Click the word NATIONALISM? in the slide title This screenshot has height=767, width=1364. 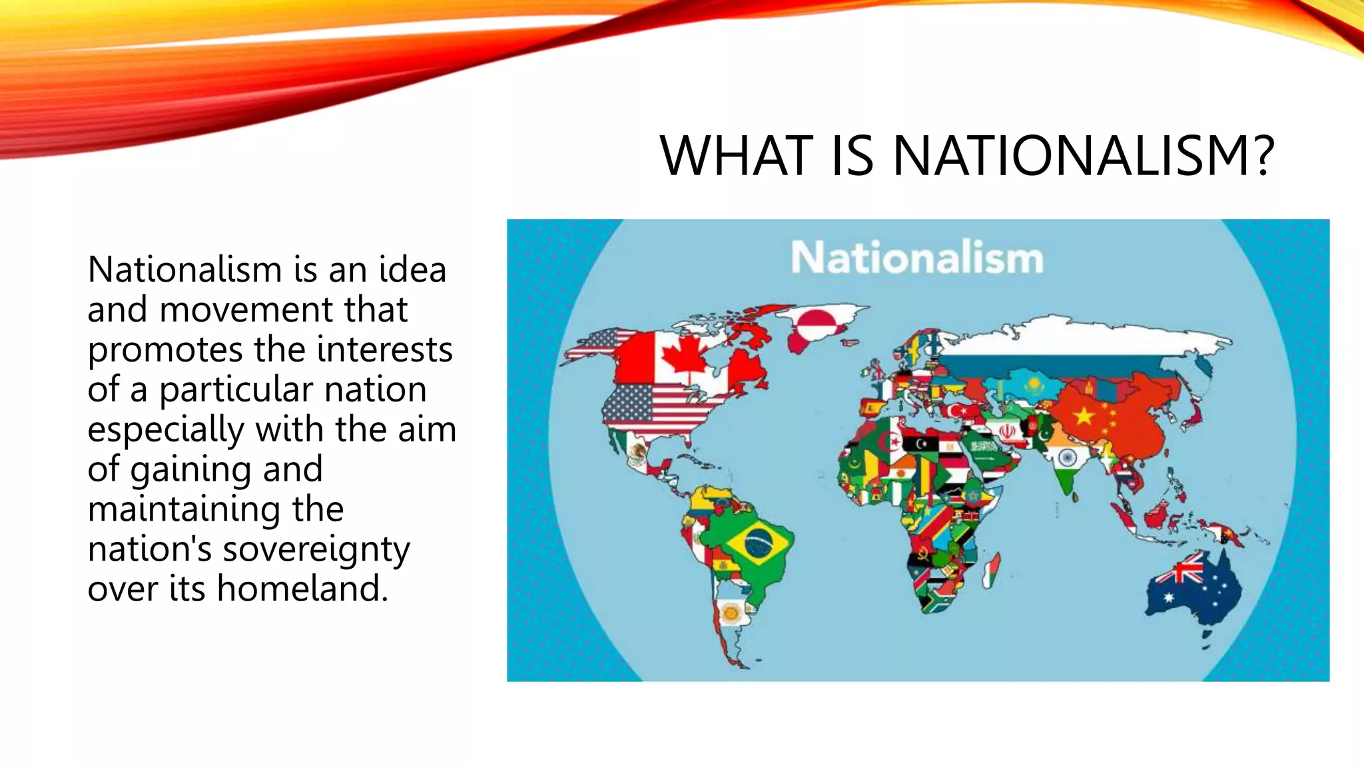coord(1084,156)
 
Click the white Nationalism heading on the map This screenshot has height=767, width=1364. coord(916,258)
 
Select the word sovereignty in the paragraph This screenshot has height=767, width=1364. coord(316,550)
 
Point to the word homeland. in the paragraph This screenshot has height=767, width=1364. coord(302,589)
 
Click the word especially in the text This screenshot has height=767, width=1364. coord(166,430)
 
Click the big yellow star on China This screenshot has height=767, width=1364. coord(1084,417)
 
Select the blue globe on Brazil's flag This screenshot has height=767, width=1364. coord(757,544)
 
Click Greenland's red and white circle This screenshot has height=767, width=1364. coord(820,323)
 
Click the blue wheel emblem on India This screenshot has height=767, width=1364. coord(1067,457)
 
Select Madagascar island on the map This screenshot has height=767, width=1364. coord(991,571)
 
